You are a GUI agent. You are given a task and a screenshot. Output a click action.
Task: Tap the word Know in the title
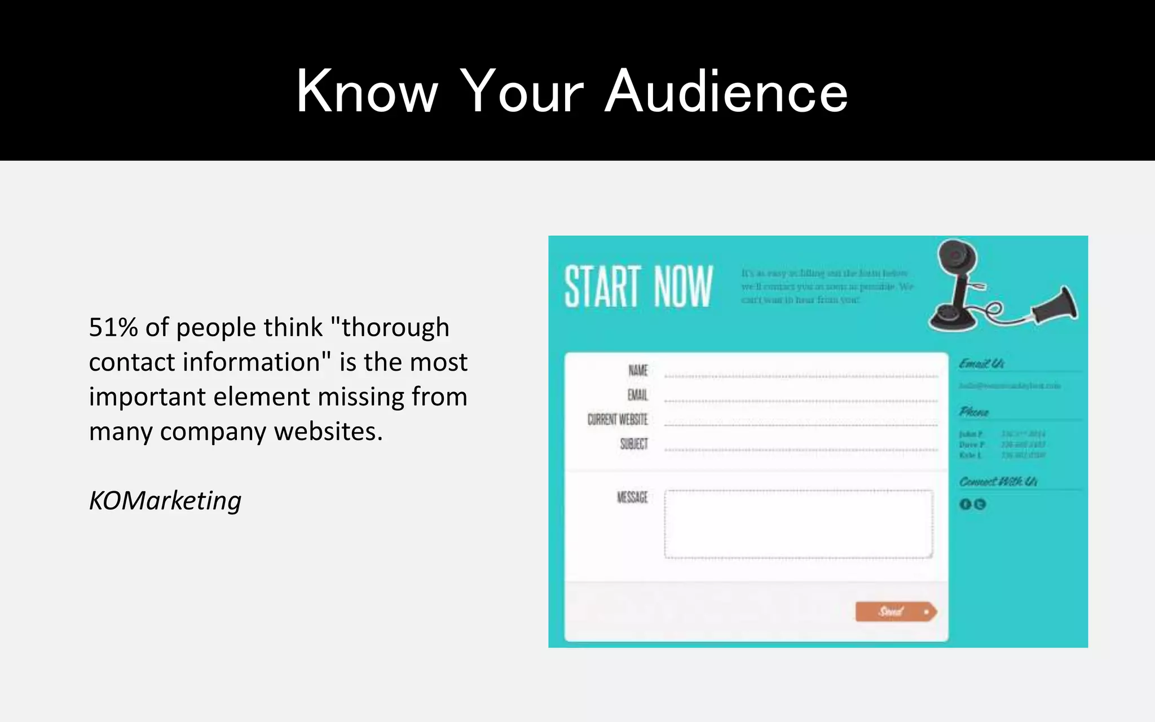pos(367,91)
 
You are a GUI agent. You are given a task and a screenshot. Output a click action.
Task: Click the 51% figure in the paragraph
pos(113,327)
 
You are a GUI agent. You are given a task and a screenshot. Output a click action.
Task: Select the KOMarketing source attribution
pos(165,500)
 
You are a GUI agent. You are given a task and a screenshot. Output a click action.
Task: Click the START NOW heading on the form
pos(638,287)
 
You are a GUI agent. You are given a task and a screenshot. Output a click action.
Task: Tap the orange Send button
pos(896,611)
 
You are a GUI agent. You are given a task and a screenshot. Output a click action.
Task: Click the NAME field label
pos(638,371)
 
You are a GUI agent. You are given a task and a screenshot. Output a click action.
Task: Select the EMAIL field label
pos(638,395)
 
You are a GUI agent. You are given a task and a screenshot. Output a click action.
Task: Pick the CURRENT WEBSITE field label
pos(618,420)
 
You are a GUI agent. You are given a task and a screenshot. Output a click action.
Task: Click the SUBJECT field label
pos(634,444)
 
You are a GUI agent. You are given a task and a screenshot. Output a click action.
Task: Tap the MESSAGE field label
pos(632,497)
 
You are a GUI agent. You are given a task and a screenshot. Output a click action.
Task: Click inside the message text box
pos(798,524)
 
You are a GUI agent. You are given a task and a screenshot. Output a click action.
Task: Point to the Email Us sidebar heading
pos(981,363)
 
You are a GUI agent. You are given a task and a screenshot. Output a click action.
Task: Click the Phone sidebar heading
pos(974,412)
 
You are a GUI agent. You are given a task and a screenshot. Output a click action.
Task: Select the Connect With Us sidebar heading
pos(998,481)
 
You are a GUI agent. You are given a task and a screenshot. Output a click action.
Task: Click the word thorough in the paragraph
pos(395,327)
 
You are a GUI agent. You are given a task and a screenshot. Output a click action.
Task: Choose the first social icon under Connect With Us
pos(965,504)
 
